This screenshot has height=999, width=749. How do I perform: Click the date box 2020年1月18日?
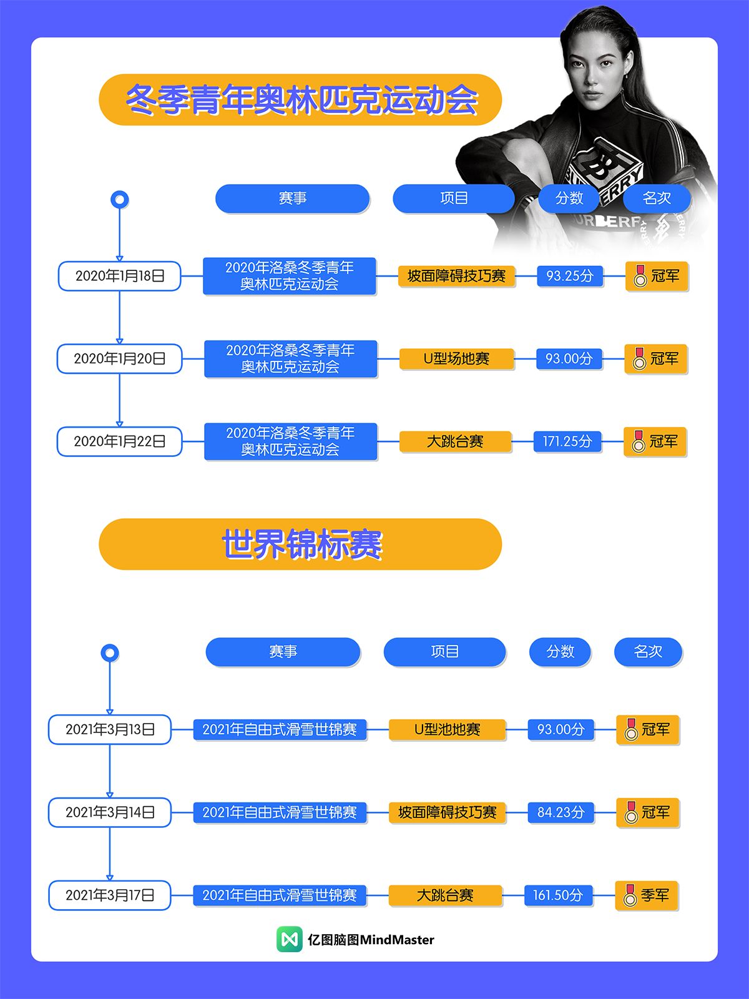click(119, 276)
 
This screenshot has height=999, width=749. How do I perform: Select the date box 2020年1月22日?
click(119, 441)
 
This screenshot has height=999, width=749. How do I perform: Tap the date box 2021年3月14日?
click(110, 812)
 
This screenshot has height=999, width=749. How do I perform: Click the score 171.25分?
click(567, 441)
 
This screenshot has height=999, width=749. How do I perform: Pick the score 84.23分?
click(561, 812)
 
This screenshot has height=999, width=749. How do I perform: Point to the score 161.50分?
click(558, 895)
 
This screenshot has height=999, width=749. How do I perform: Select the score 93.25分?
click(570, 276)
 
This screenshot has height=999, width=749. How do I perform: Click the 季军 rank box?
click(647, 895)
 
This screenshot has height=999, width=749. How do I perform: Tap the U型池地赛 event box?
click(447, 729)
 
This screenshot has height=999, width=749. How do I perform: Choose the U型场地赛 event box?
click(456, 359)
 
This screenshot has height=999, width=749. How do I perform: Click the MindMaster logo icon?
click(289, 939)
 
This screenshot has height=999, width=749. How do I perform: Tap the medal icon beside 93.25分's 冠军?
click(640, 276)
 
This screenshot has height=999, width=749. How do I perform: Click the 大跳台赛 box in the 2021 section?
click(445, 895)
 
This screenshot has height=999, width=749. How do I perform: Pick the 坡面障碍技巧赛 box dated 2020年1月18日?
click(457, 276)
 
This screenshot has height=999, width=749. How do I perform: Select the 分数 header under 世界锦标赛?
click(560, 652)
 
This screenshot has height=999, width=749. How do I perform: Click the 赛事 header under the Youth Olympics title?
click(292, 199)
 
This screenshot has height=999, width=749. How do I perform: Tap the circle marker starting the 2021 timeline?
click(110, 653)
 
